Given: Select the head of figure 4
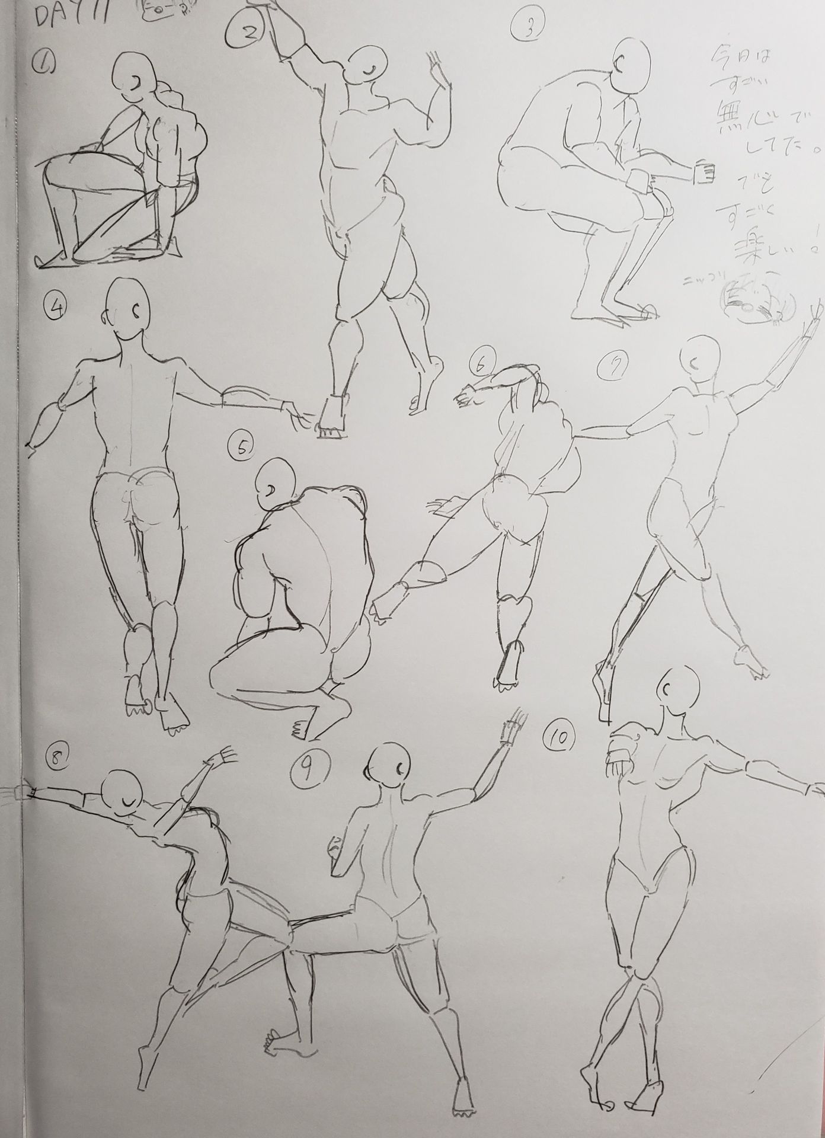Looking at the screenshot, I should pyautogui.click(x=126, y=308).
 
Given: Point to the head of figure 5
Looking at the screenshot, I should pyautogui.click(x=276, y=482).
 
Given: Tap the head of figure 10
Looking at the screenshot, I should pyautogui.click(x=679, y=692).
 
